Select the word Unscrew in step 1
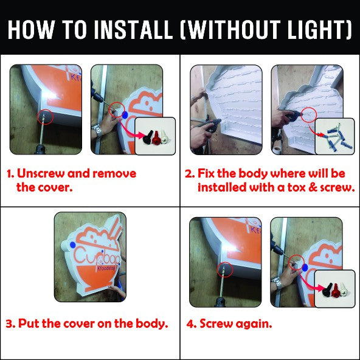coord(41,173)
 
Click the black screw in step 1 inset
coord(148,138)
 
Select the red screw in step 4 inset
coord(336,290)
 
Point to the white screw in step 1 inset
coord(165,137)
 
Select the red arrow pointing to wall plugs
coord(314,130)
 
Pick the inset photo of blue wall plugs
coord(335,136)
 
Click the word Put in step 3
coord(29,324)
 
